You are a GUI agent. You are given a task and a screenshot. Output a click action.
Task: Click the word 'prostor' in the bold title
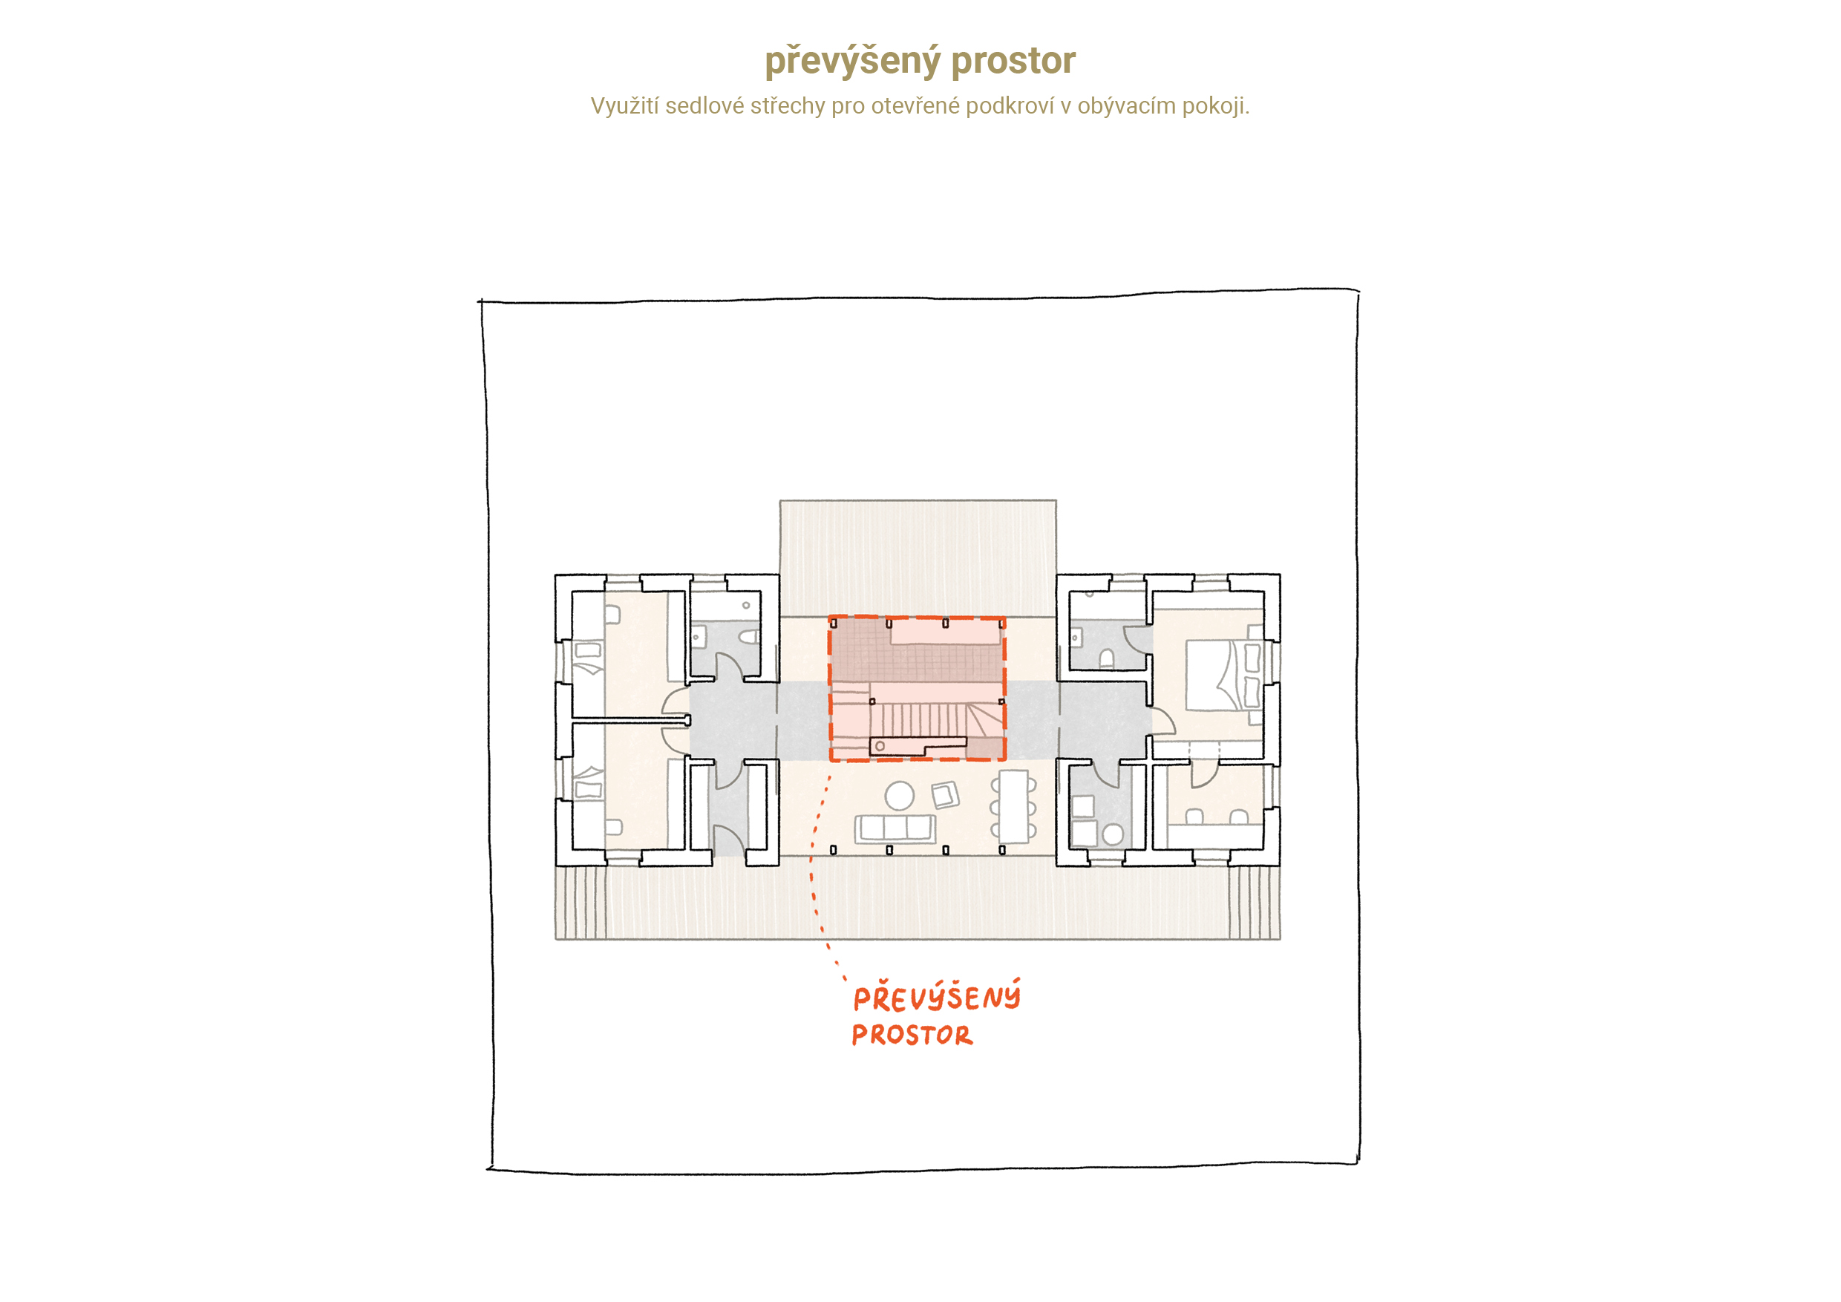click(1013, 61)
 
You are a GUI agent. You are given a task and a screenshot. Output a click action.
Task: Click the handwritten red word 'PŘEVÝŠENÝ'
click(937, 997)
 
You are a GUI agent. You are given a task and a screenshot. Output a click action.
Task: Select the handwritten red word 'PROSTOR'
click(912, 1035)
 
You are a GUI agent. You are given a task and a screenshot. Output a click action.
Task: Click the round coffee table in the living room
click(899, 795)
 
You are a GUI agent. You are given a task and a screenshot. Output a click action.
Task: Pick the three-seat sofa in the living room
click(895, 828)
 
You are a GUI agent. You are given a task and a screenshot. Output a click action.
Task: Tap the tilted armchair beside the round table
click(945, 794)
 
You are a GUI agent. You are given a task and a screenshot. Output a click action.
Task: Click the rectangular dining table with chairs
click(1013, 807)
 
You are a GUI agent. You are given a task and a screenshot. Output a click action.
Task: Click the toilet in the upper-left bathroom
click(749, 637)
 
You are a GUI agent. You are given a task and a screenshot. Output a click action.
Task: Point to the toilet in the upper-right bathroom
click(1107, 659)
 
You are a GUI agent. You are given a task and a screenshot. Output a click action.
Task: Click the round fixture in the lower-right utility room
click(1113, 834)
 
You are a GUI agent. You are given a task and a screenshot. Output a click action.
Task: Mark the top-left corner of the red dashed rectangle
click(830, 618)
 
